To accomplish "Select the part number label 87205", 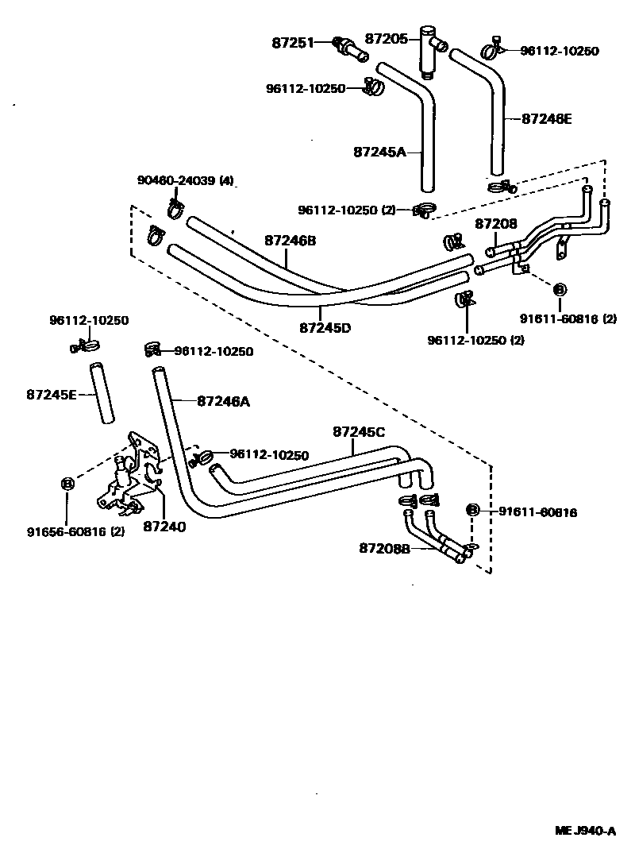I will [387, 38].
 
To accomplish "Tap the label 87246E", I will [547, 119].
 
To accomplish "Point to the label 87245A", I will [379, 151].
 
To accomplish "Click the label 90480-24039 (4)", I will [186, 181].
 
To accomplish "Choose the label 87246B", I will [291, 240].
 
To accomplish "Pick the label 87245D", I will [325, 326].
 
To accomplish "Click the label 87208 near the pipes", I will [496, 224].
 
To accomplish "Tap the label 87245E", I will [51, 394].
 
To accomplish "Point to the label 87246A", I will [223, 402].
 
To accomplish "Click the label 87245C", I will [359, 431].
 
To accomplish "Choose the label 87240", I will [165, 526].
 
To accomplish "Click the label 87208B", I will [384, 548].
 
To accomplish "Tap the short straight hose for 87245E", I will [100, 394].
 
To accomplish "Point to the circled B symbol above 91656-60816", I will [67, 483].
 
